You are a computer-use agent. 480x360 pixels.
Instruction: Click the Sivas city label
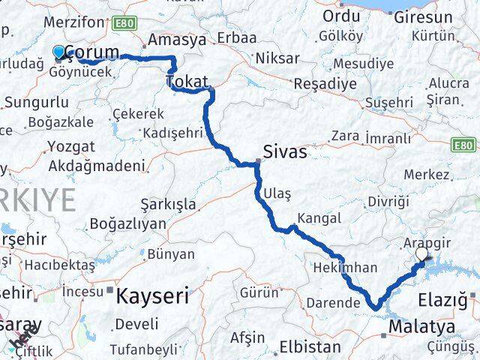[285, 152]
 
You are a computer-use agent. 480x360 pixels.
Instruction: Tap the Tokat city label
[188, 80]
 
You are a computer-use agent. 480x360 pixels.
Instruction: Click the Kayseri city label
[152, 297]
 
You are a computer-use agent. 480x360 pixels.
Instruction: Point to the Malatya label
[422, 327]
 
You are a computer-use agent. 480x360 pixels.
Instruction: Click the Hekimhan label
[336, 265]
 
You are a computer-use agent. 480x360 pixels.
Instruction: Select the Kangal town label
[319, 218]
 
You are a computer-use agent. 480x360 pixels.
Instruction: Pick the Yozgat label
[70, 146]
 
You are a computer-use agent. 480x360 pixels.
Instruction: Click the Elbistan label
[310, 347]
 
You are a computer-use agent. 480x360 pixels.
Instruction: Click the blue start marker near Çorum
[59, 52]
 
